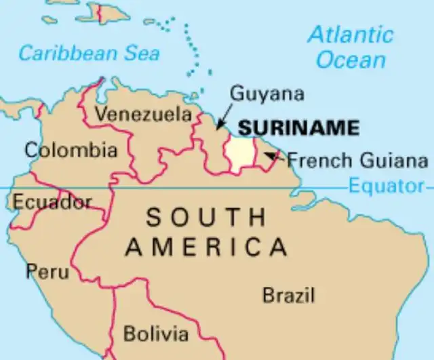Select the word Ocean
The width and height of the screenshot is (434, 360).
pos(351,60)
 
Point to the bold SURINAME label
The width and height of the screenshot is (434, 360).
pos(298,127)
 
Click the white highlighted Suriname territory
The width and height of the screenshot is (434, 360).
pos(239,154)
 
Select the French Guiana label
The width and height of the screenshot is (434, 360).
pos(357,161)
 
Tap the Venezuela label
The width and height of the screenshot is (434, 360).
pos(143,115)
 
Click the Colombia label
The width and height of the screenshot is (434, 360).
pos(71,150)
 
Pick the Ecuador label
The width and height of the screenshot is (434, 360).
pos(52,201)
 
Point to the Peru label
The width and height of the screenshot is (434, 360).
pos(47,272)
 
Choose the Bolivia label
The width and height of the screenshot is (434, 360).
pos(156,334)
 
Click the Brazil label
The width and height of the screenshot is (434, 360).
pos(289,296)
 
